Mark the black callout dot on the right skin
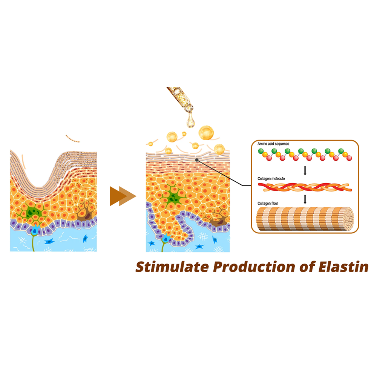pos(197,160)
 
